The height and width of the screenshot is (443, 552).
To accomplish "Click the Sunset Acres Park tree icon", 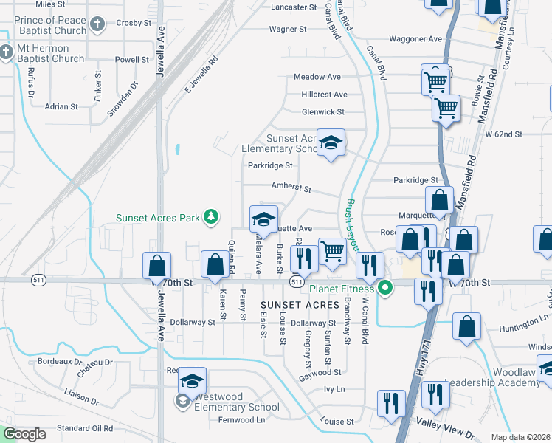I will pos(212,216).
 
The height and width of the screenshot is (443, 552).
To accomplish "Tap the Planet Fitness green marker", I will pos(383,288).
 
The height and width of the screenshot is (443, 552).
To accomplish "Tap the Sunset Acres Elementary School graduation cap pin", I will pos(331,142).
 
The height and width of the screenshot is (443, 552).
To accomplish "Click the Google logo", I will pos(24,434).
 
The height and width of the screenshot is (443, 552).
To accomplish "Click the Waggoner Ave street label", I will pos(415,38).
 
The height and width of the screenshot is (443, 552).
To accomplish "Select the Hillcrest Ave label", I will pos(324,95).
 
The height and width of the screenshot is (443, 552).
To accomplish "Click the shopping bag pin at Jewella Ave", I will pos(157,266).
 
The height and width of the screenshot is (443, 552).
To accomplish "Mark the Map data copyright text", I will pos(520,437).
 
